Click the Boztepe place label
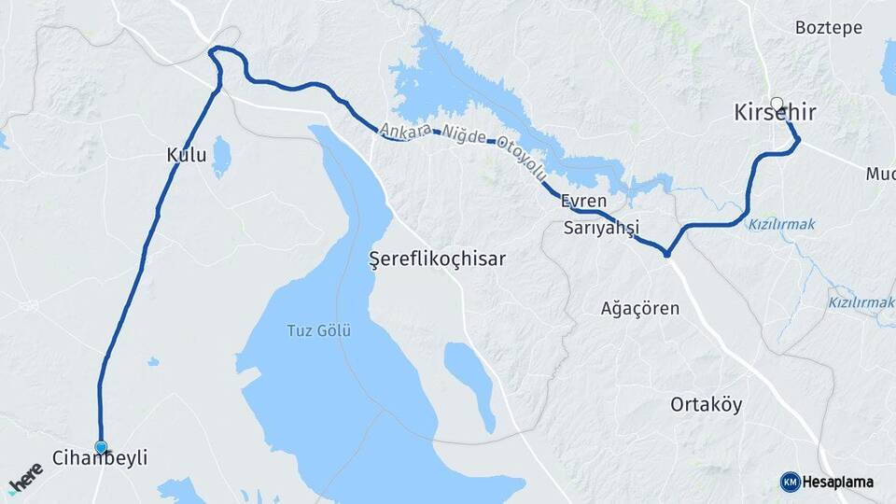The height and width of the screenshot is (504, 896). (x=829, y=28)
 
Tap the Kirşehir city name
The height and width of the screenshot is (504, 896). (x=776, y=114)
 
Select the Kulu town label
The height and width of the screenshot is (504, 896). (x=187, y=156)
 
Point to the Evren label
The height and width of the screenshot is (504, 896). (x=584, y=201)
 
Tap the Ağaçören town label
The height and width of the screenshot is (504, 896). (x=640, y=308)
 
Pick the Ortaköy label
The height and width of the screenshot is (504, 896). (x=707, y=404)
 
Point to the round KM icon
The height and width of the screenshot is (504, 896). (x=790, y=483)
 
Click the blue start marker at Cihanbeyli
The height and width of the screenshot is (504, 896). (x=101, y=447)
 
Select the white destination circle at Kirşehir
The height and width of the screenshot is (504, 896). (x=777, y=103)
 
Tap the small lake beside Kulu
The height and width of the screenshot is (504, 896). (x=221, y=157)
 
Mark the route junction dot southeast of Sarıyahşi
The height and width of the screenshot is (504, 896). (x=666, y=253)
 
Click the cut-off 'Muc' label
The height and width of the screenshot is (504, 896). (x=880, y=174)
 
